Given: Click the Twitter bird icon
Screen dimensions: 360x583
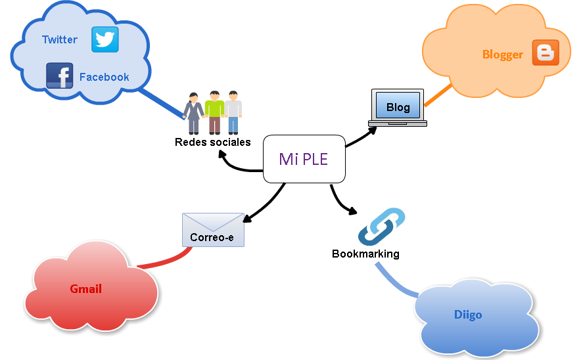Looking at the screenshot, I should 105,39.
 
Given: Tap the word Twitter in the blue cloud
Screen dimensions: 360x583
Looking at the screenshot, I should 60,40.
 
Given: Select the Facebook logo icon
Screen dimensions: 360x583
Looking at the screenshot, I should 60,76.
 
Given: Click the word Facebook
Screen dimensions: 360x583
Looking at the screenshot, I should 104,77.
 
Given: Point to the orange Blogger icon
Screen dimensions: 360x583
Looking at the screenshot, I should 546,53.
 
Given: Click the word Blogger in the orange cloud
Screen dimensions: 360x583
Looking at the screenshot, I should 503,55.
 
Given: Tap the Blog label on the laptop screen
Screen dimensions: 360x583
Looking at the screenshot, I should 398,107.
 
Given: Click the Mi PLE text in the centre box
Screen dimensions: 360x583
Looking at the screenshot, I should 304,159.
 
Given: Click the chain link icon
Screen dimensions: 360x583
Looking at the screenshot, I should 381,227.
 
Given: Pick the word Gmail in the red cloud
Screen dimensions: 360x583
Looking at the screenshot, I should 86,289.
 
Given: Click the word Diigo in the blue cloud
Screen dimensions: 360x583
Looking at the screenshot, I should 468,315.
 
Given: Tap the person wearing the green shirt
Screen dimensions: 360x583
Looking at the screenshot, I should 214,112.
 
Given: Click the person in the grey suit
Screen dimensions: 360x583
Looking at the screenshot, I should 193,114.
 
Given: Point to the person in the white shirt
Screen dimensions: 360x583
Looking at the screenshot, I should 233,112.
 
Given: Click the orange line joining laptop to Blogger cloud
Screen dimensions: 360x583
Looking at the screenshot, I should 438,95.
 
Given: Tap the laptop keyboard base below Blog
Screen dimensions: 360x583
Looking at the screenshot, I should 398,123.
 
